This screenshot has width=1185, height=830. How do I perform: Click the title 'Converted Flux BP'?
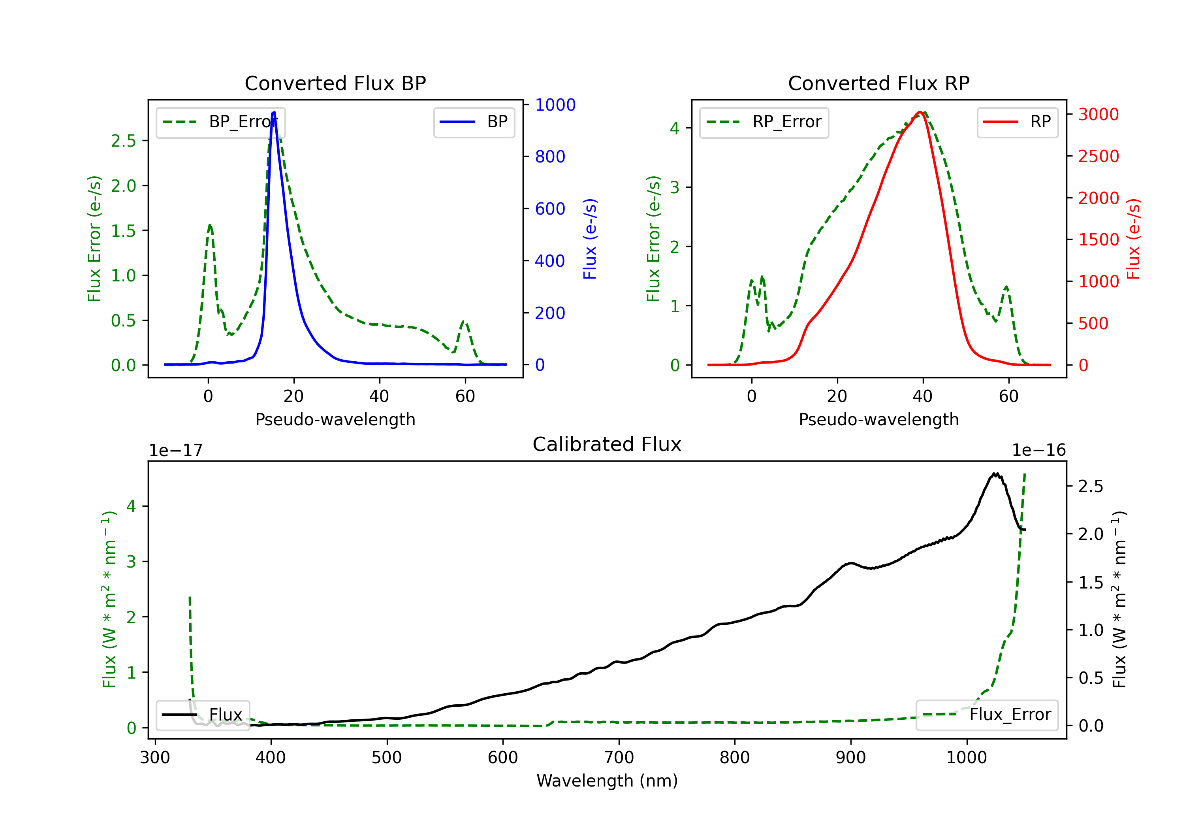335,83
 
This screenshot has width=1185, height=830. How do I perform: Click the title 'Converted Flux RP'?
878,83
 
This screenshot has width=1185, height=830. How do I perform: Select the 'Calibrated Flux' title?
607,444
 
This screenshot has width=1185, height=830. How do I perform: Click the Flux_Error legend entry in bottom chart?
987,715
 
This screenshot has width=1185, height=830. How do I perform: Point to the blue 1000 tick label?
555,105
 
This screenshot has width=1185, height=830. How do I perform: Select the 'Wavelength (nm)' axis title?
607,781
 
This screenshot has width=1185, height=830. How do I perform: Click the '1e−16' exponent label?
1038,451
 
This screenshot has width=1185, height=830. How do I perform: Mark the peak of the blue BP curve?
274,112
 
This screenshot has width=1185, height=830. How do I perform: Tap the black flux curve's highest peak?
995,473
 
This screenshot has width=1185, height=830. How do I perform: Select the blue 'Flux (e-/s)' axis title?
590,239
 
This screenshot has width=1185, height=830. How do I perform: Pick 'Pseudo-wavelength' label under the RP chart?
878,419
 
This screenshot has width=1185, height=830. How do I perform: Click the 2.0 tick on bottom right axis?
1091,534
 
